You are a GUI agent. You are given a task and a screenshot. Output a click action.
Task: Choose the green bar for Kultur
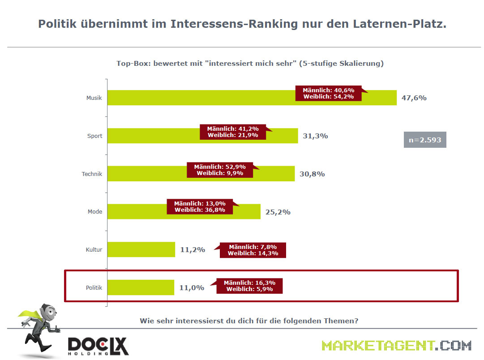point(141,249)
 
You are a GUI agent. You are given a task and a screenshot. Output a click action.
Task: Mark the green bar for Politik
point(141,287)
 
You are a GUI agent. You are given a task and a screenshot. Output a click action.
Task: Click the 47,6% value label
point(414,98)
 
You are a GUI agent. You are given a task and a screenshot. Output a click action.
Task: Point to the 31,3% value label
point(315,136)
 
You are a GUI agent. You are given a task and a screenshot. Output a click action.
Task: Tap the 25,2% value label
point(278,212)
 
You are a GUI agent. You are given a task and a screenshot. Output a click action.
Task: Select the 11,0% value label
point(192,288)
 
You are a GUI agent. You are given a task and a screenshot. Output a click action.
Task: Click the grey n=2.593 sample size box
point(425,140)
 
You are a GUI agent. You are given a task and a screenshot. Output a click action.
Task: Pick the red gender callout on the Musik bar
point(329,93)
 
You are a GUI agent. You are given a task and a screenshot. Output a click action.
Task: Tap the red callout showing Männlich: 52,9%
point(220,170)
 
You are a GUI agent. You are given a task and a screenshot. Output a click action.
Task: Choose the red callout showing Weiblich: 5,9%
point(249,286)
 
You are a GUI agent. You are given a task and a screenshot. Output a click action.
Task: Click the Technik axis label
point(93,174)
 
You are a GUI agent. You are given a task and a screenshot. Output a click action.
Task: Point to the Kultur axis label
point(94,249)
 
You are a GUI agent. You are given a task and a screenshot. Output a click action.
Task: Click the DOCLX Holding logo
point(98,346)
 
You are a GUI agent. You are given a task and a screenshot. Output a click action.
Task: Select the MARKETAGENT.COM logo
point(396,346)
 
